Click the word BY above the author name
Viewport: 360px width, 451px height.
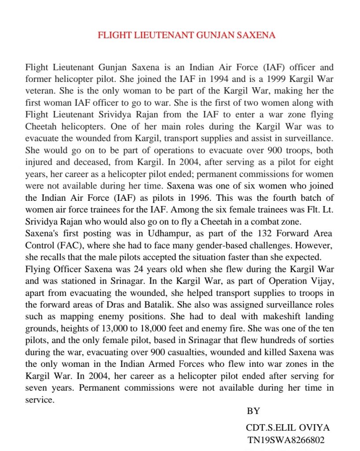(253, 411)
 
